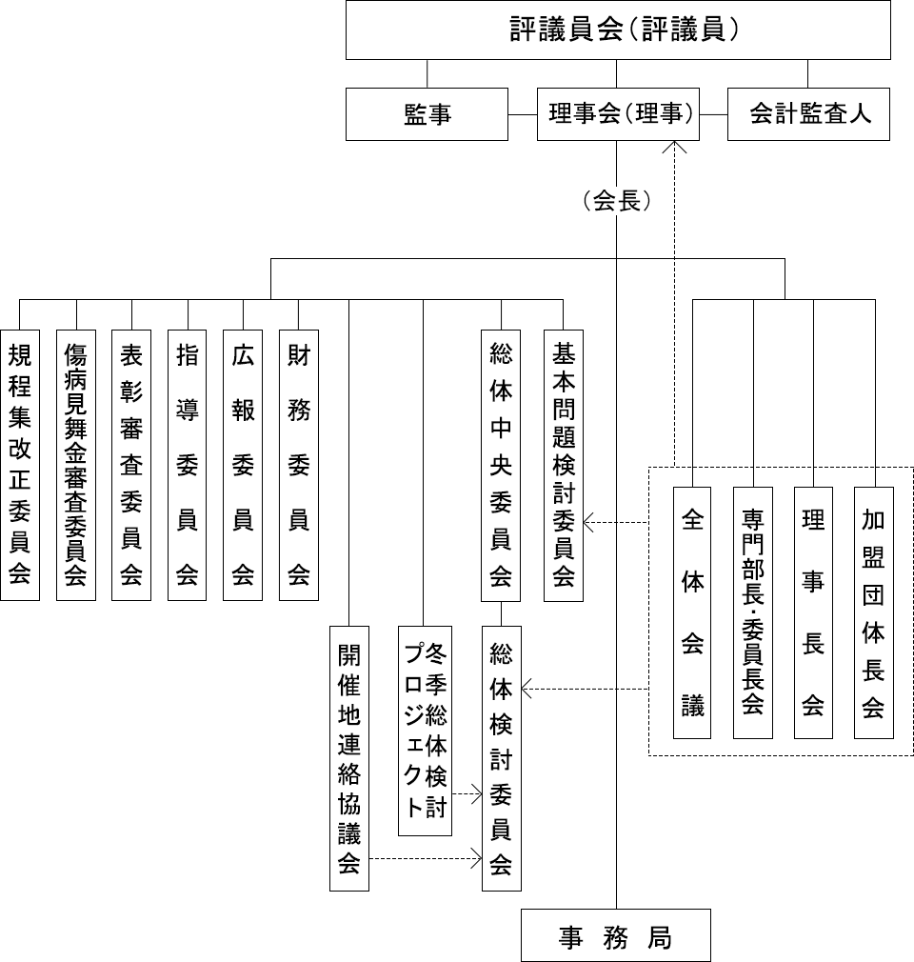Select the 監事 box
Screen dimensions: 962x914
click(427, 114)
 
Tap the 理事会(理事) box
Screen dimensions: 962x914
click(618, 114)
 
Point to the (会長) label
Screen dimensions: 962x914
click(618, 202)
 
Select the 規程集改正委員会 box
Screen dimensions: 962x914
click(19, 465)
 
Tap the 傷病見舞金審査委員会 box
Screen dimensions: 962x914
click(75, 465)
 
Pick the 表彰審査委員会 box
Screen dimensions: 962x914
click(131, 465)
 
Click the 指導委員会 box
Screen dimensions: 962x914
click(187, 465)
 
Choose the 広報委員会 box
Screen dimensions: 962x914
click(243, 465)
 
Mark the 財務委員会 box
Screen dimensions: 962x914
click(299, 465)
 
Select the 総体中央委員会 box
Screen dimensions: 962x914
click(502, 465)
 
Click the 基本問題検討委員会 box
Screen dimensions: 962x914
click(563, 465)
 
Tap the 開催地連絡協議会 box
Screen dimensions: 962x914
click(349, 757)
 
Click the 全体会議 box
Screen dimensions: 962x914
click(692, 612)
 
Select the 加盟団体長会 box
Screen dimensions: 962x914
click(874, 612)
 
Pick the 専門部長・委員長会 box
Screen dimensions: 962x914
click(753, 612)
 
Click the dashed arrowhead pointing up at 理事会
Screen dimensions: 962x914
click(676, 147)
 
